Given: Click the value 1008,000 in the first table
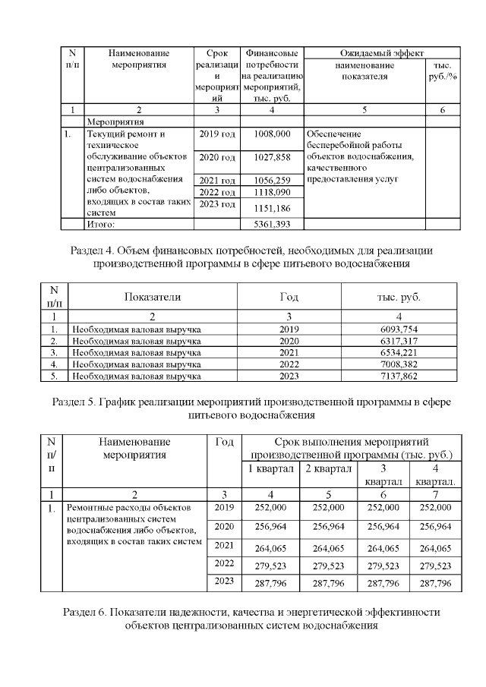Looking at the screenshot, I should (272, 134).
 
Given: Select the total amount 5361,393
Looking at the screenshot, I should (272, 225).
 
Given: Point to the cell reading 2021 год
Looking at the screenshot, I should (217, 180).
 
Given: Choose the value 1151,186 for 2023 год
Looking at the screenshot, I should (272, 208).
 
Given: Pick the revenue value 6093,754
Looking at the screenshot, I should (399, 329).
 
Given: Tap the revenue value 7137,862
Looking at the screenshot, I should (399, 375).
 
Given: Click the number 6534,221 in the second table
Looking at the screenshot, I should (399, 352).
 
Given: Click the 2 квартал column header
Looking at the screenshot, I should (328, 468).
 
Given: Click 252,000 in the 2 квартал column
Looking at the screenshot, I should (328, 507).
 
